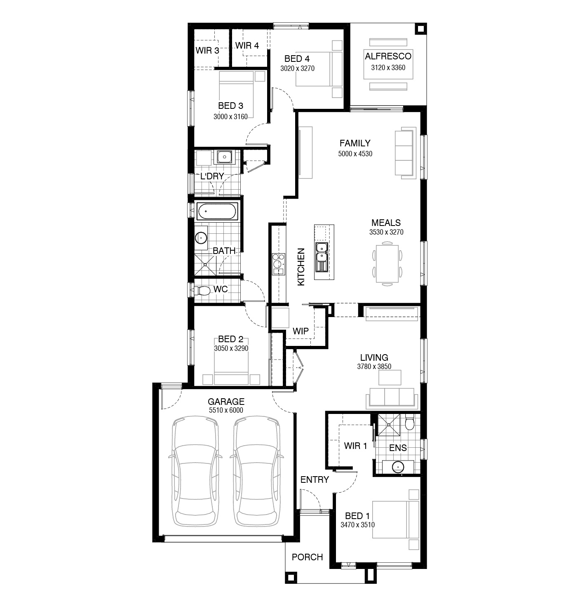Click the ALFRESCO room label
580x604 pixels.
coord(388,56)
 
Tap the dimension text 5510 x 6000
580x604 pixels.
coord(226,410)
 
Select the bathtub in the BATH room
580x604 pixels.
coord(217,212)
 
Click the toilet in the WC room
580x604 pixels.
coord(202,291)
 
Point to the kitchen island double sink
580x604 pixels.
coord(321,256)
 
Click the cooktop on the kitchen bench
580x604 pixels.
coord(278,264)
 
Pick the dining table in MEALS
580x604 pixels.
coord(387,264)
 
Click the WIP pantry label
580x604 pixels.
coord(301,331)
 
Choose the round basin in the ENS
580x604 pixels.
coord(397,467)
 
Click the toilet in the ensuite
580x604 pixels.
coord(410,423)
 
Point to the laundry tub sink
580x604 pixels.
coord(224,157)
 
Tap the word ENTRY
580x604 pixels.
coord(315,479)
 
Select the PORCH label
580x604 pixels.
coord(307,557)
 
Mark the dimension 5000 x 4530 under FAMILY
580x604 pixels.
coord(355,154)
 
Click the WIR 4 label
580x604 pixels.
coord(247,46)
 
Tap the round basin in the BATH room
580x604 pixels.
coord(201,238)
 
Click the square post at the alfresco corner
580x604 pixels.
coord(420,29)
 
